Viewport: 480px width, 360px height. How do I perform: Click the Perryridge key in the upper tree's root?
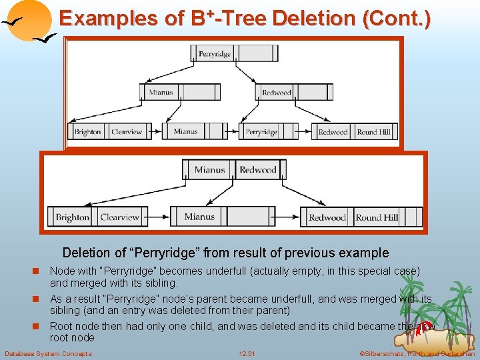[x=214, y=54]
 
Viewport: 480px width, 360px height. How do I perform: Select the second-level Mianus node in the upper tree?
[x=161, y=93]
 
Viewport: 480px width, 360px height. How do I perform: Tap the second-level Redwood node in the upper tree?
[x=276, y=93]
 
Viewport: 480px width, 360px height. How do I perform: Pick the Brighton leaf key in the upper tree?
[x=87, y=132]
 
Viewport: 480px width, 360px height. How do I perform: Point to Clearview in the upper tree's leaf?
[x=127, y=132]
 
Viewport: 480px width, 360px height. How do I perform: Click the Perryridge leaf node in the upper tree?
[x=261, y=132]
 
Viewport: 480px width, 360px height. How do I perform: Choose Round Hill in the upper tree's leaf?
[x=373, y=132]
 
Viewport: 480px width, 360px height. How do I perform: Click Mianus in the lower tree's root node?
[x=210, y=170]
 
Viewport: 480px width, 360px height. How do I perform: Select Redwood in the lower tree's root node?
[x=258, y=170]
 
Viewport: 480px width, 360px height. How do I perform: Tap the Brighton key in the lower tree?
[x=73, y=217]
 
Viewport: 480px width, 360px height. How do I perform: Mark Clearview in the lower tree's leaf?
[x=119, y=217]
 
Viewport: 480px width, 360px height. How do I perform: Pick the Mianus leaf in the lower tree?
[x=199, y=217]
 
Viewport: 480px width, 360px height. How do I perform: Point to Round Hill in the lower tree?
[x=377, y=217]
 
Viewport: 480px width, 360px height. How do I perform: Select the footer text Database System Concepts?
[x=49, y=353]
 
